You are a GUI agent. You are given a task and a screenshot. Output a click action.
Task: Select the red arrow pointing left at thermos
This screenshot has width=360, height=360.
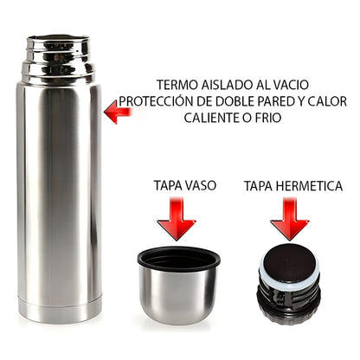tap(118, 112)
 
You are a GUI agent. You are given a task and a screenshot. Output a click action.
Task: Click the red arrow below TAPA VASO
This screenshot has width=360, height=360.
tap(177, 219)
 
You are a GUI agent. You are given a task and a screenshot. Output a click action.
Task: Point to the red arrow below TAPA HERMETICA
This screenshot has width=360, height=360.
tap(289, 219)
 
